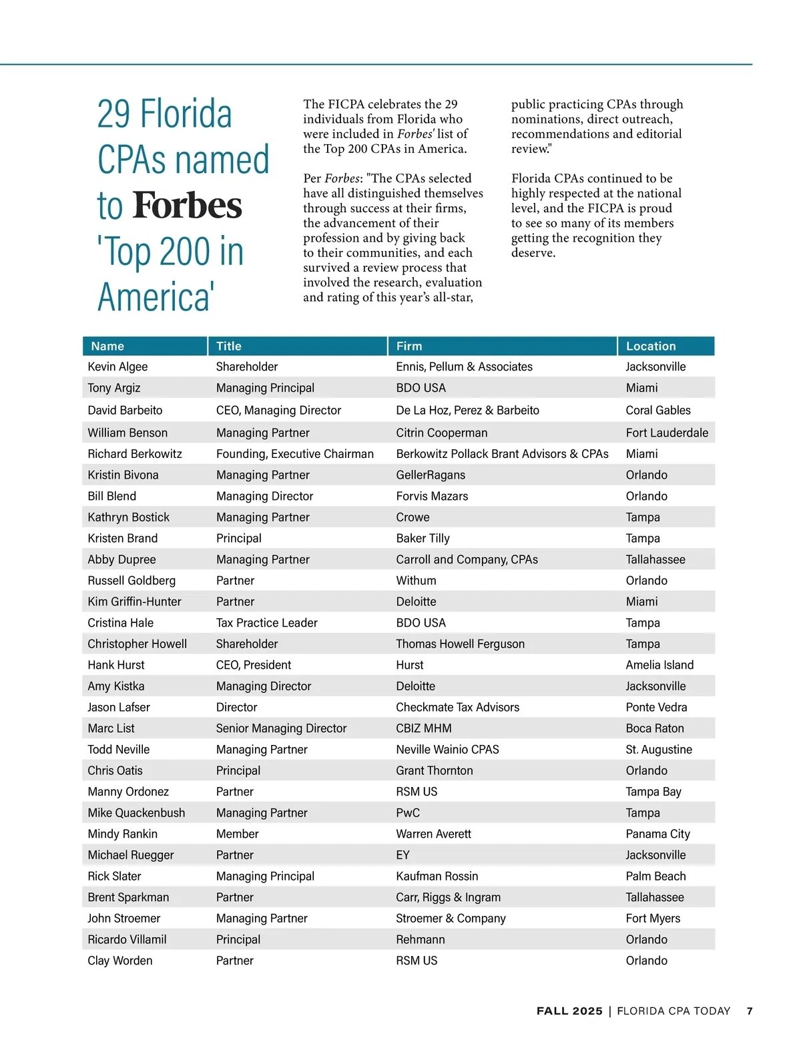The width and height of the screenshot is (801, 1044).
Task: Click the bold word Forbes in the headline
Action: pos(187,206)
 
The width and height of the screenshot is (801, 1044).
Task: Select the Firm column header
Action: pos(409,346)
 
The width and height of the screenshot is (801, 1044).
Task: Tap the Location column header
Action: pos(651,346)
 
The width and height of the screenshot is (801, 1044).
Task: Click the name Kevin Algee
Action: pos(117,366)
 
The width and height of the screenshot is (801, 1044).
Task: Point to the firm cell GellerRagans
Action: pos(431,475)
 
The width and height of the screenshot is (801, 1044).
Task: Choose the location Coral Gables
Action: pos(658,410)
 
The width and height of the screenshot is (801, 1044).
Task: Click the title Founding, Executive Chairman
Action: pos(294,454)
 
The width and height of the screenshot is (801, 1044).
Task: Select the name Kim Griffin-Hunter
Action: pos(134,601)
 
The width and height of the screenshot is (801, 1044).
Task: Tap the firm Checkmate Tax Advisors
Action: pos(457,707)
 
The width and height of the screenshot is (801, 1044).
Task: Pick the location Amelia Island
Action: pos(659,665)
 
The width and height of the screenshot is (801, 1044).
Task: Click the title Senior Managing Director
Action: pos(281,728)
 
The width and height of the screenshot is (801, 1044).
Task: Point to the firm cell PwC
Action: pos(408,812)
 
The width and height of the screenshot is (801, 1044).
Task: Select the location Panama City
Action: pos(657,834)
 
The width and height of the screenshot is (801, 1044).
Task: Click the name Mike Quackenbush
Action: pos(136,812)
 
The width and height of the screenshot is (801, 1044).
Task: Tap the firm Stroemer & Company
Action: pos(451,918)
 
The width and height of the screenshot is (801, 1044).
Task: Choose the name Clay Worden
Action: pos(120,961)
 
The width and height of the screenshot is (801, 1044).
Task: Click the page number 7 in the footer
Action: pos(750,1011)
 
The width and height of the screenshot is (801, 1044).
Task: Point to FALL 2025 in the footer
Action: pos(569,1011)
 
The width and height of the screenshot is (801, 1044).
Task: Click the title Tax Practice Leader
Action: pos(266,623)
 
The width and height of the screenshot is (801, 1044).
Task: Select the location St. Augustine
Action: pos(659,749)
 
